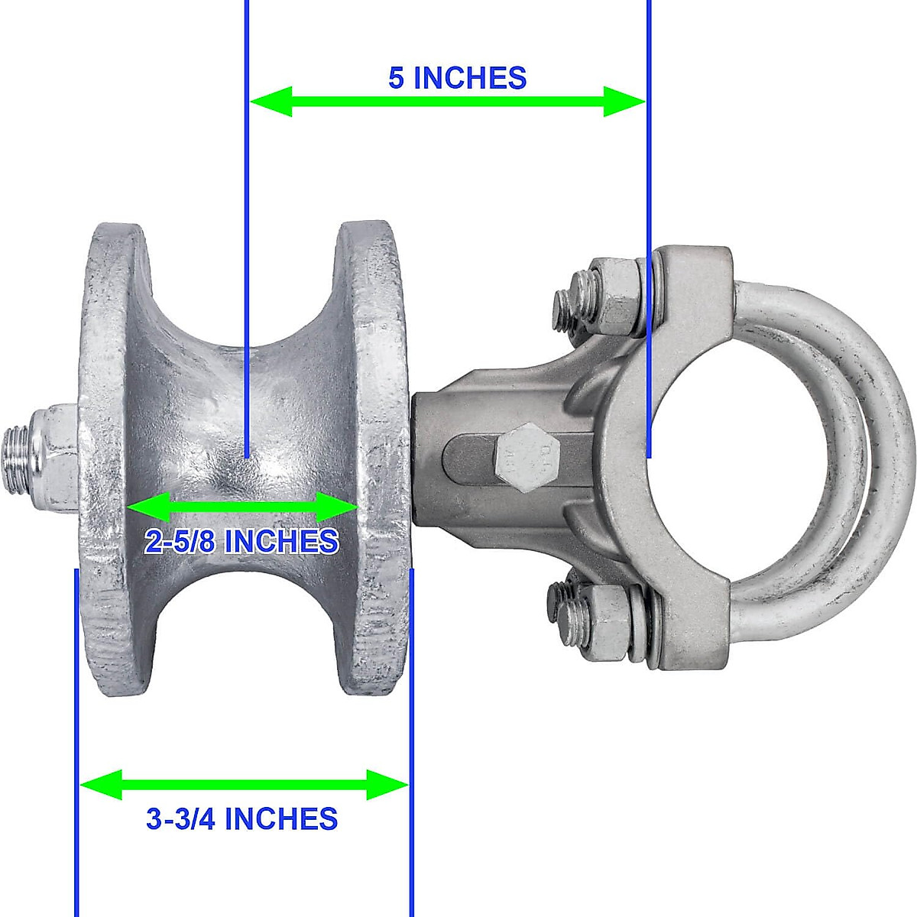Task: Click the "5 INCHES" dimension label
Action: pos(457,78)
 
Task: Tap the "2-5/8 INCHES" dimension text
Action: pos(241,541)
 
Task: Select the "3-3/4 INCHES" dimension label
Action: pos(241,818)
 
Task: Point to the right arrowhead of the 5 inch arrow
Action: pos(625,101)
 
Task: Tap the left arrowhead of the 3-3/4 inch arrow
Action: pos(100,784)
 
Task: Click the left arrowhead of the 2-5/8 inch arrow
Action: pos(146,507)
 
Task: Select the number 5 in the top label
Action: pos(397,78)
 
